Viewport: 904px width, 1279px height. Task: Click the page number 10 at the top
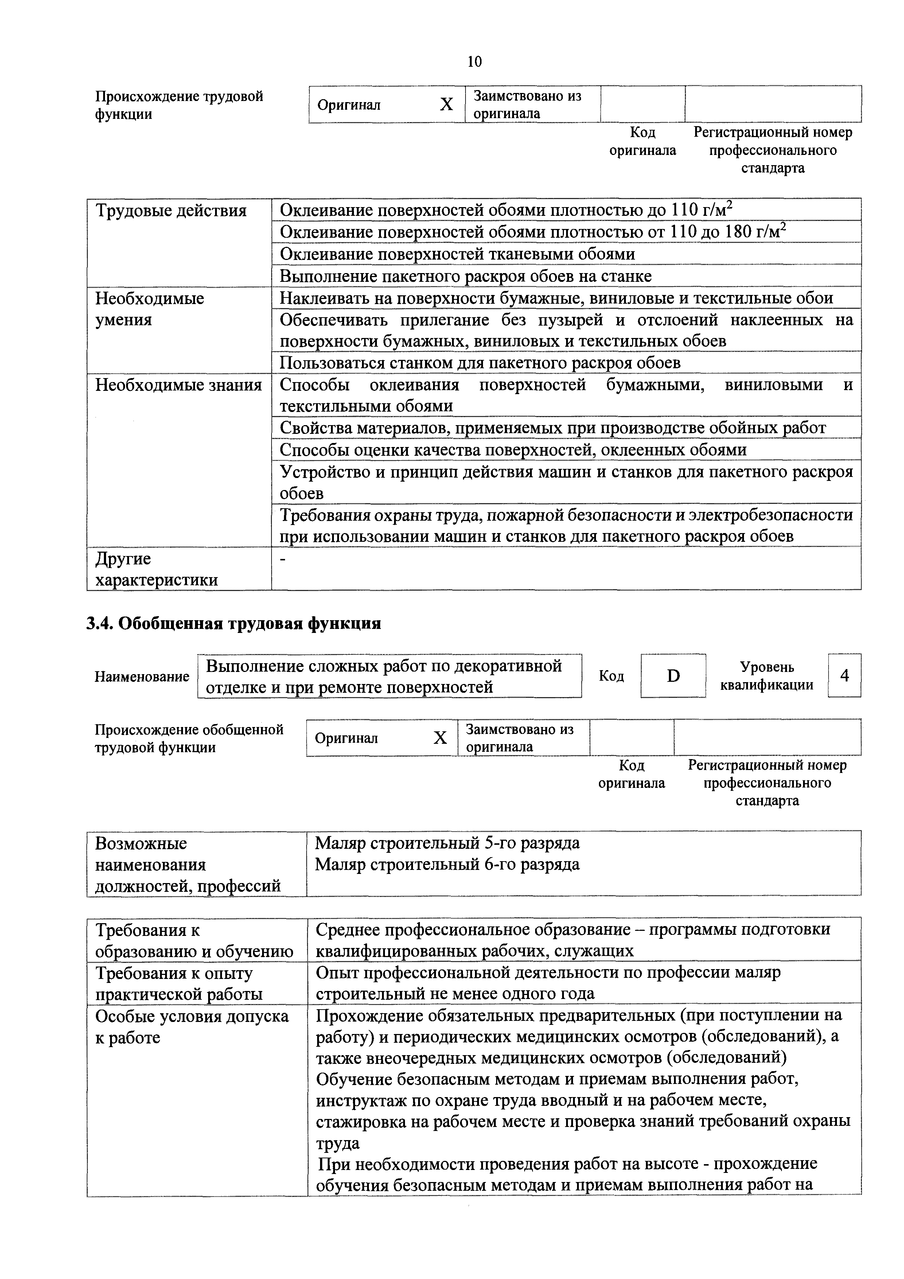[x=475, y=61]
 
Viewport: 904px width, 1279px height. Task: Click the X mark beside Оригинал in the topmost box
[x=446, y=105]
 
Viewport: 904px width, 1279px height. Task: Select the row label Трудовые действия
[x=171, y=211]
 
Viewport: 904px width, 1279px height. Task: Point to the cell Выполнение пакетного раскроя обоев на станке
[x=465, y=276]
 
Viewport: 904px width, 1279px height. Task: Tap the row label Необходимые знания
[x=178, y=385]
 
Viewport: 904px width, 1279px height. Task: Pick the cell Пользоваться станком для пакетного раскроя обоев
[x=480, y=363]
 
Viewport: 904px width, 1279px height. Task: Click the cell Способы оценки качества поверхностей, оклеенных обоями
[x=513, y=450]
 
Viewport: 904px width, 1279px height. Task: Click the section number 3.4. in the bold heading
[x=100, y=623]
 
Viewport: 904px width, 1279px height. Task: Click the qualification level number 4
[x=845, y=676]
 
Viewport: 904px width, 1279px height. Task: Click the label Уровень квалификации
[x=767, y=676]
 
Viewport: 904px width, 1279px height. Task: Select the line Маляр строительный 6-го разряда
[x=447, y=864]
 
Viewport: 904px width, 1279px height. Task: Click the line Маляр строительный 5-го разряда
[x=447, y=843]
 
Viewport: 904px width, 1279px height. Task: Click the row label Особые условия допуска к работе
[x=192, y=1027]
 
